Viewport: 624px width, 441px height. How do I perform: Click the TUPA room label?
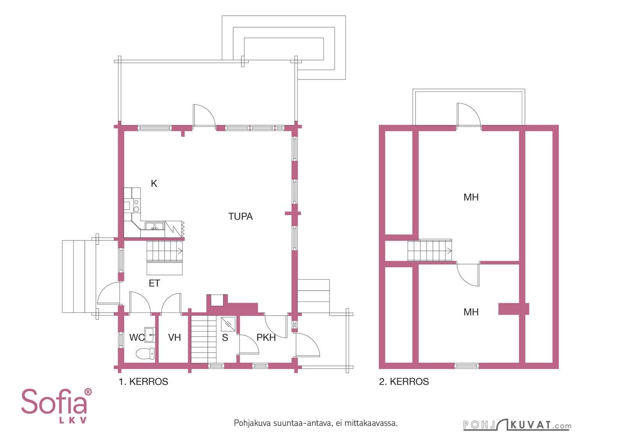[240, 217]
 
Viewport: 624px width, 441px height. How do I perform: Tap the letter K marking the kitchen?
[154, 183]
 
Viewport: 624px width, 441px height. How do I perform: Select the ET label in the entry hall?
[154, 283]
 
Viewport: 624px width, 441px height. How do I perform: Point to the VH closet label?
[175, 337]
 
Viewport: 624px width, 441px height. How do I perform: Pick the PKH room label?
[266, 337]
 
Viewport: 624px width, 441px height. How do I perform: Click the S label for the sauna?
[225, 337]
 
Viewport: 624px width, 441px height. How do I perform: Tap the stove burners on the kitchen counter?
[136, 206]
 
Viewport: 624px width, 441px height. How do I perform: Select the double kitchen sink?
[154, 226]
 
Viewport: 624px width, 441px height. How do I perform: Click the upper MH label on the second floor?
[471, 197]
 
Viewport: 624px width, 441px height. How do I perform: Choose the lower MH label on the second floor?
[471, 312]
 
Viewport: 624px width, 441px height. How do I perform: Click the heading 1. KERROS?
[144, 381]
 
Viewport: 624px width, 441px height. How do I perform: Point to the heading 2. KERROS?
[404, 381]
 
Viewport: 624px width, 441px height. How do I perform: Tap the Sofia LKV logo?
[57, 406]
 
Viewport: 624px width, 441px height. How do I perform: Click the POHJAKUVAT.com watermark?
[517, 425]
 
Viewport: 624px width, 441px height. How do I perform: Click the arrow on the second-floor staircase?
[449, 250]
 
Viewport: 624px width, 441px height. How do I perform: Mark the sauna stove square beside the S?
[228, 324]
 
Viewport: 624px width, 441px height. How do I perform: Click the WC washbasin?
[150, 335]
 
